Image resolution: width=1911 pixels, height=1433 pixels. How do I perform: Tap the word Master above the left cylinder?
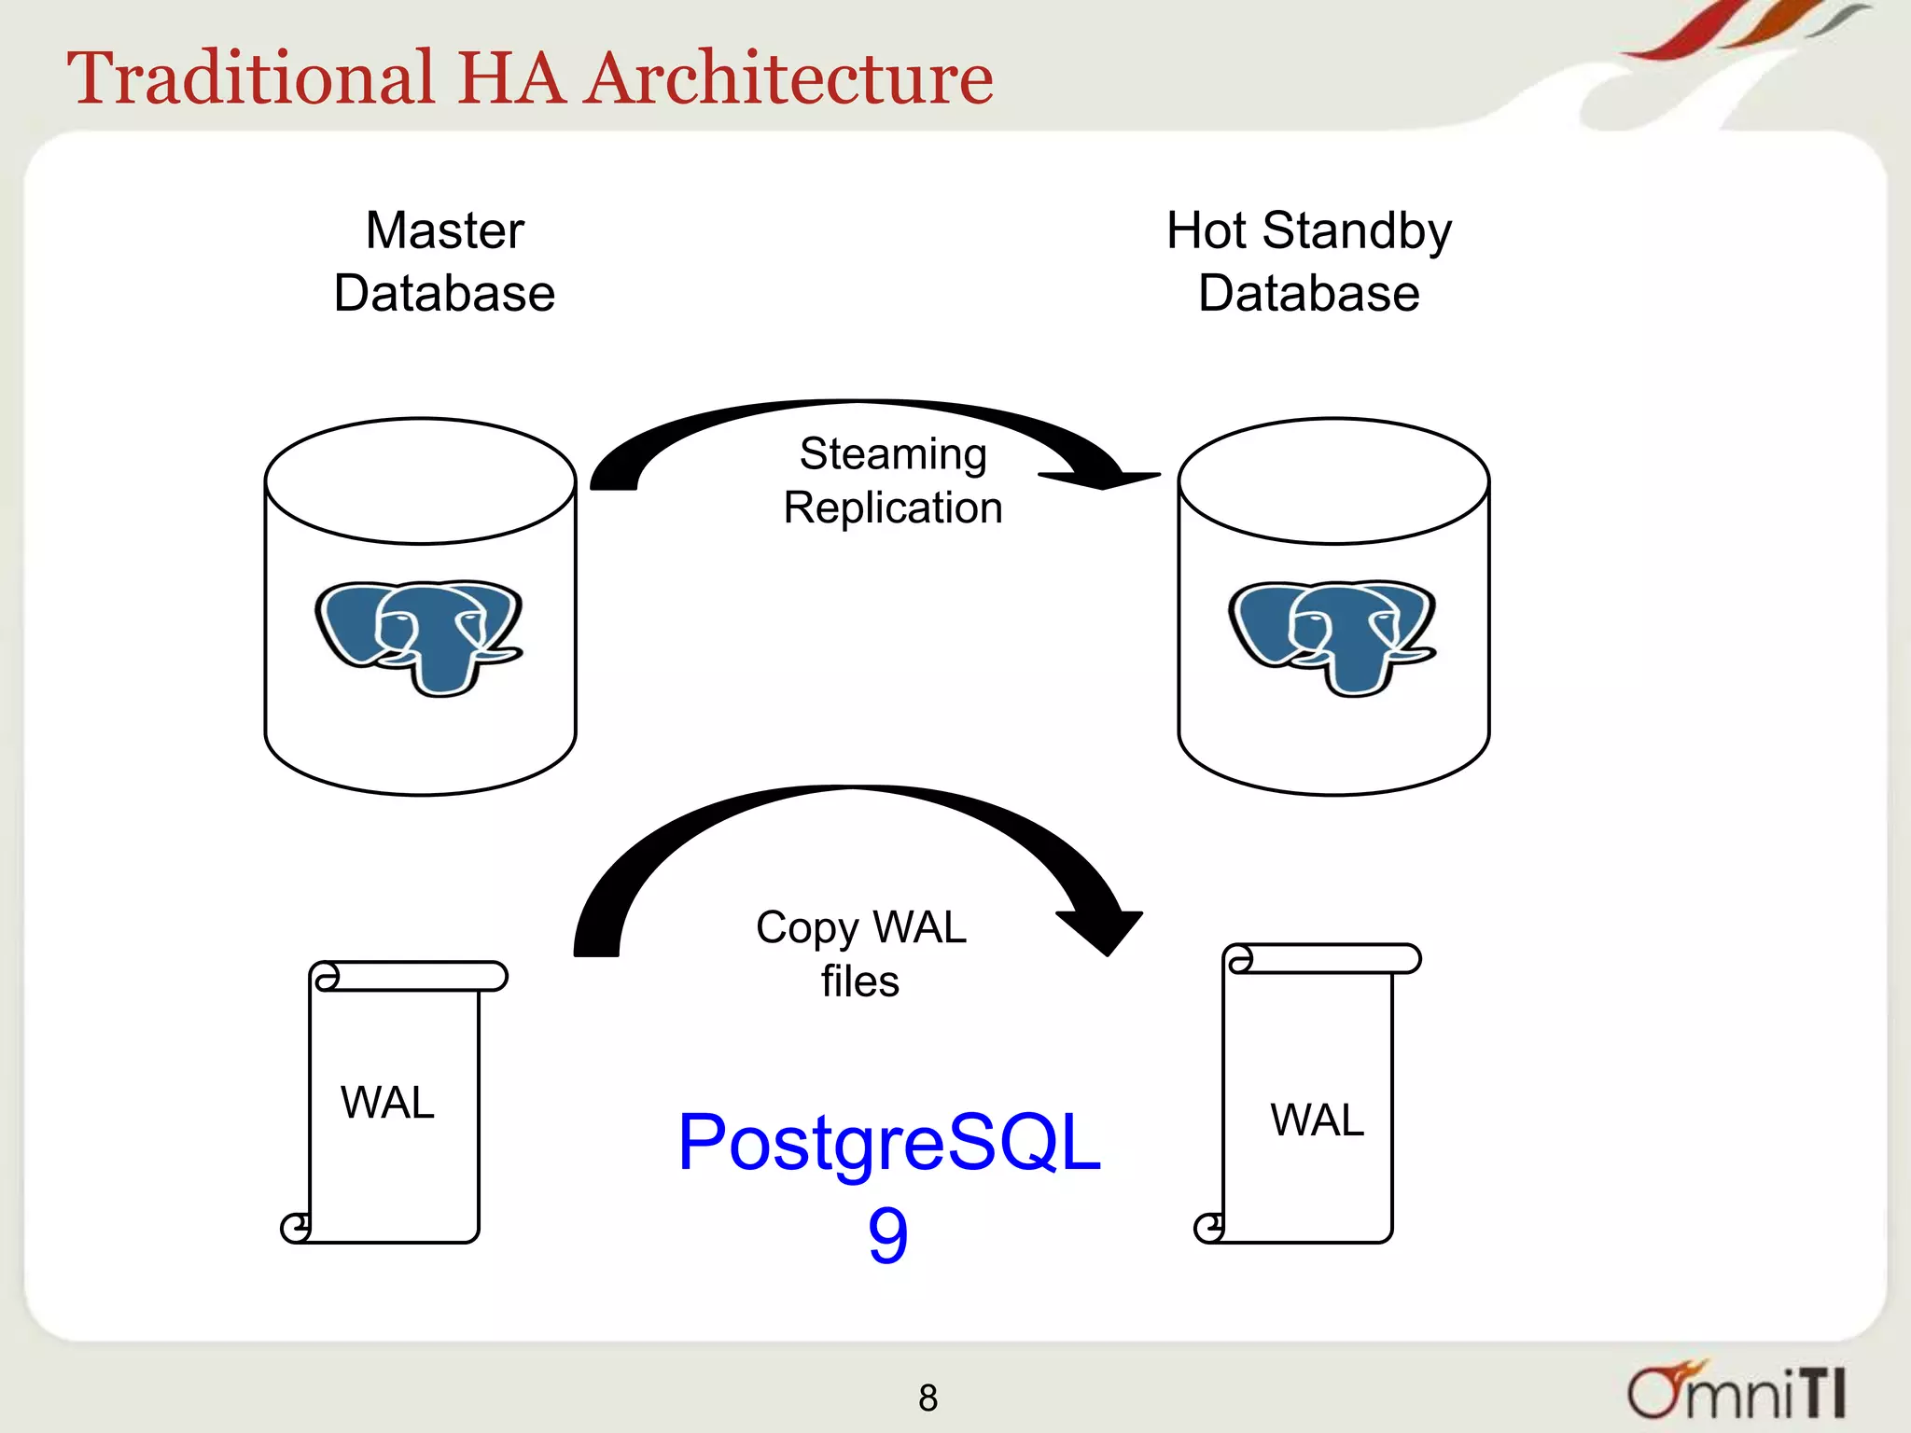tap(444, 230)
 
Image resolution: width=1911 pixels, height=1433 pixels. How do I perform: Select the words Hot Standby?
tap(1308, 230)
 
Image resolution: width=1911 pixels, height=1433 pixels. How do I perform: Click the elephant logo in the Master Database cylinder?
tap(419, 637)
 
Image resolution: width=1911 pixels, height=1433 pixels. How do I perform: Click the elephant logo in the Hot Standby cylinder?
tap(1332, 637)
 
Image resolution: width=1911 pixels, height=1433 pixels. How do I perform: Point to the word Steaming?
tap(893, 454)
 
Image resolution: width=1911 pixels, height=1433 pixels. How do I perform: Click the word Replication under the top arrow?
tap(893, 508)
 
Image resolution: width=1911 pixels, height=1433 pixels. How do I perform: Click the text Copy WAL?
tap(860, 927)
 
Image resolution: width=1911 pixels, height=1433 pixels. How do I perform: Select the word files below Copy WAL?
tap(860, 981)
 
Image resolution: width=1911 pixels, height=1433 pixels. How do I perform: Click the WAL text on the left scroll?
tap(387, 1103)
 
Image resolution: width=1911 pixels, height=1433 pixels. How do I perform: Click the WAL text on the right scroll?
tap(1317, 1120)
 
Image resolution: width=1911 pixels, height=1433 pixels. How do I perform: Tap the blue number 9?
tap(887, 1235)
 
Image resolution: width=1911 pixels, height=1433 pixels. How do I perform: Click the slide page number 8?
tap(928, 1398)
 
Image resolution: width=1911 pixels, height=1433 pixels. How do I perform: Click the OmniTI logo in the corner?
tap(1736, 1392)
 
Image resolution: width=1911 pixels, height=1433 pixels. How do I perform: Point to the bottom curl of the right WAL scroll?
tap(1209, 1228)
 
